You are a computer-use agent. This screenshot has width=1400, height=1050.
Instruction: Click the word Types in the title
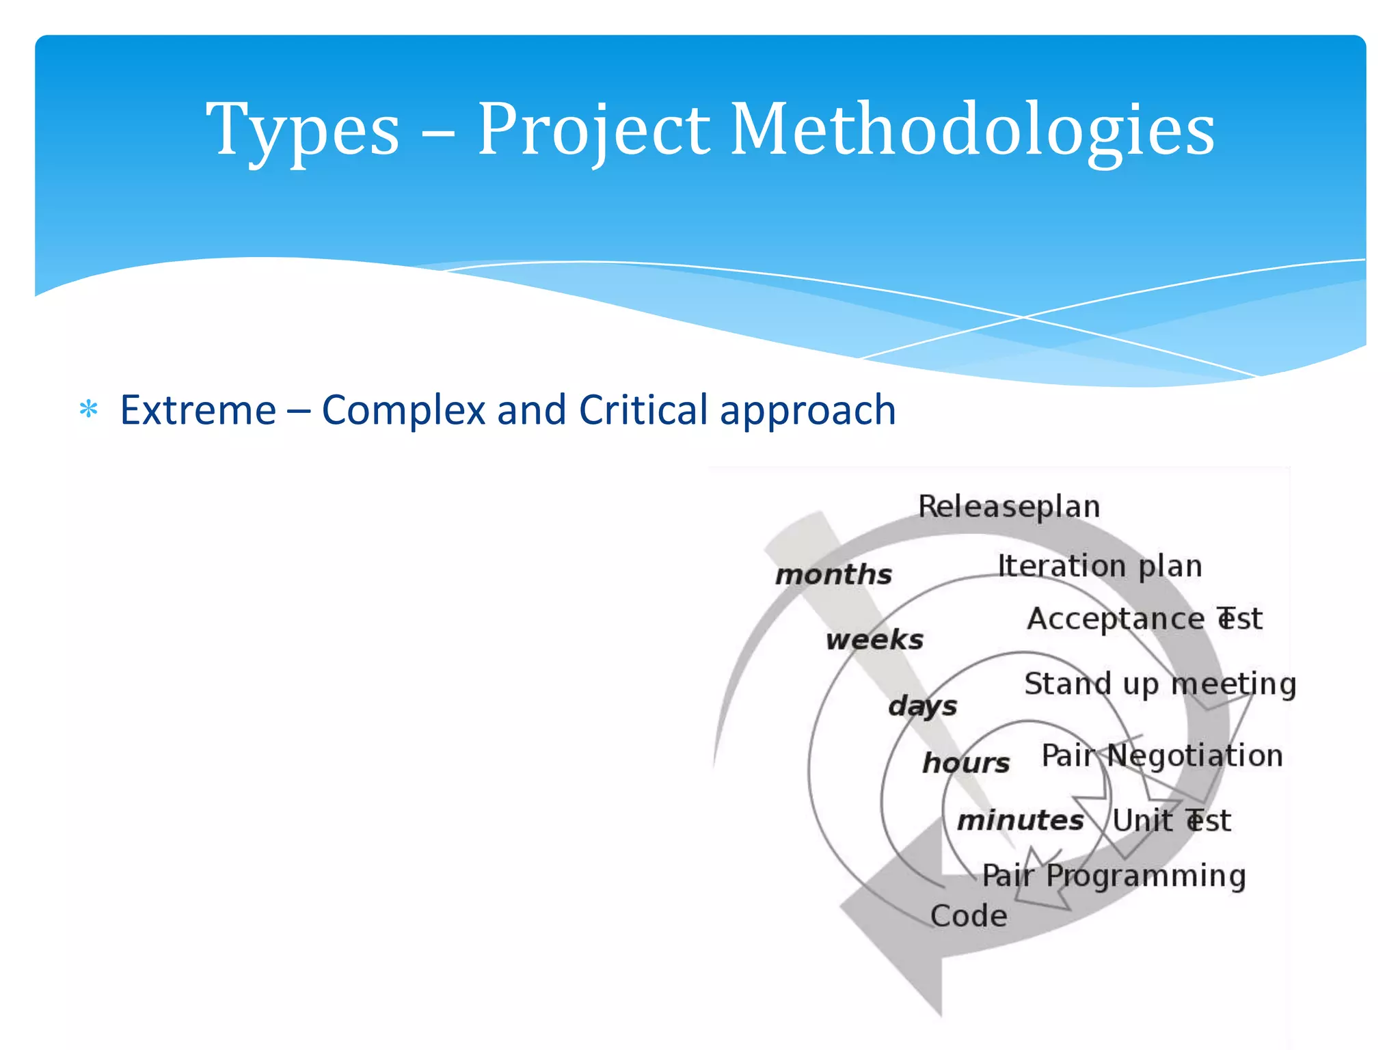pos(303,130)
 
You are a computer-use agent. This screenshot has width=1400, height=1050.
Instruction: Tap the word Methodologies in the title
pos(973,130)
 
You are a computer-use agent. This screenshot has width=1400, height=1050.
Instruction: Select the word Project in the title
pos(593,130)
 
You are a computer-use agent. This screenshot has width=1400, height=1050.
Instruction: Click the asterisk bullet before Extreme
pos(89,410)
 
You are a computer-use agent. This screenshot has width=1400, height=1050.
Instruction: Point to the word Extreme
pos(198,410)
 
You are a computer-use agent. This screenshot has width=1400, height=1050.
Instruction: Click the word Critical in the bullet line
pos(643,410)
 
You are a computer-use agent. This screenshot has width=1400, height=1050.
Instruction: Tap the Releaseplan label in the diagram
pos(1009,507)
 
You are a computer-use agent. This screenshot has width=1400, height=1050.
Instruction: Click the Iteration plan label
pos(1099,566)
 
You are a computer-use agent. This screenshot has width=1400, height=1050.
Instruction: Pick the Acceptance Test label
pos(1144,619)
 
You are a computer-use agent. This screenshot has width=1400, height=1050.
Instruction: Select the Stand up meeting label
pos(1160,684)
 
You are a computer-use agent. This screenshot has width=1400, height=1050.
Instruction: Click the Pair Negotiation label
pos(1162,755)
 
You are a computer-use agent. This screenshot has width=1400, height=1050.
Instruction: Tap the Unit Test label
pos(1171,820)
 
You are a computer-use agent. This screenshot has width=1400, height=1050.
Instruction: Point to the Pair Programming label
pos(1114,876)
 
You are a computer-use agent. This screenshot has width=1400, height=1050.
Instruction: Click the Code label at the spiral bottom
pos(969,916)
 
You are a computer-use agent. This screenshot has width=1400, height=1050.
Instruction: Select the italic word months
pos(833,574)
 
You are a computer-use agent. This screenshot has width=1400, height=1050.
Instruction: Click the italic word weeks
pos(874,640)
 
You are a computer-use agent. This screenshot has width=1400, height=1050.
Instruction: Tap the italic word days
pos(922,705)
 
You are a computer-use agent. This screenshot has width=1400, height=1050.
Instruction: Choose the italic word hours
pos(966,763)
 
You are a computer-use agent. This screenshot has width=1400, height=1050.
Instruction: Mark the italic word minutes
pos(1020,820)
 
